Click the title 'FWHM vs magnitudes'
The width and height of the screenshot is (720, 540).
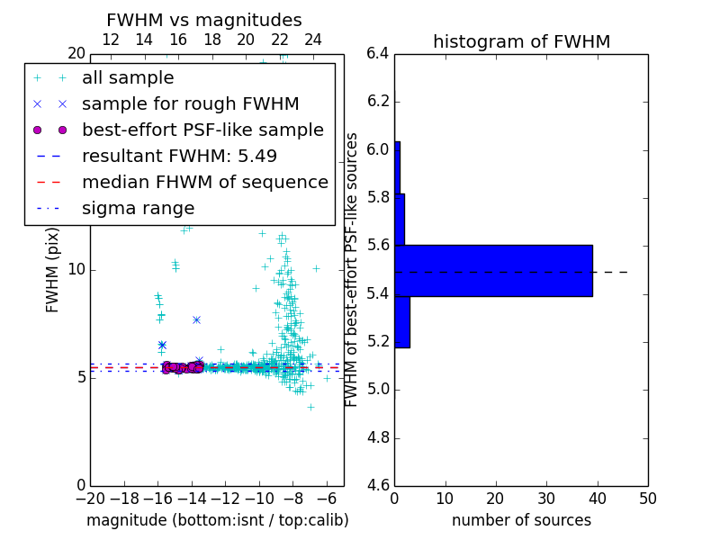coord(203,20)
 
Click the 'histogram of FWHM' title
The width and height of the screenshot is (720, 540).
coord(521,41)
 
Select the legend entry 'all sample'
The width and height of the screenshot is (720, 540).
coord(128,78)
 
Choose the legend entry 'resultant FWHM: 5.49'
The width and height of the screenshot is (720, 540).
coord(179,157)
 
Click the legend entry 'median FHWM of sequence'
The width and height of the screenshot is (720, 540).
coord(204,183)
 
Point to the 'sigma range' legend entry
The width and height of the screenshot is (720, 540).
coord(138,209)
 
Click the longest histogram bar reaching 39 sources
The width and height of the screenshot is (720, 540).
coord(493,270)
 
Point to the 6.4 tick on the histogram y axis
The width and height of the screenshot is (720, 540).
coord(379,53)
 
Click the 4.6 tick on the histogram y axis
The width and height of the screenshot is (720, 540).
coord(379,486)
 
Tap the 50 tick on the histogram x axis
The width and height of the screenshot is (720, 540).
coord(647,498)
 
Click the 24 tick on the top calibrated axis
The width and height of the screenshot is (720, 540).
coord(313,40)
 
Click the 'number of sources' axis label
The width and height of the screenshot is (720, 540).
coord(521,520)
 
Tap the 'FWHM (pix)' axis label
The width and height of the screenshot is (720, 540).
coord(53,270)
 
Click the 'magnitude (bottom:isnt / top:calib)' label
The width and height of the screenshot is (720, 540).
coord(217,520)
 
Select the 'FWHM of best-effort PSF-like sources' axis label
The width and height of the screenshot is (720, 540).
coord(353,269)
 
